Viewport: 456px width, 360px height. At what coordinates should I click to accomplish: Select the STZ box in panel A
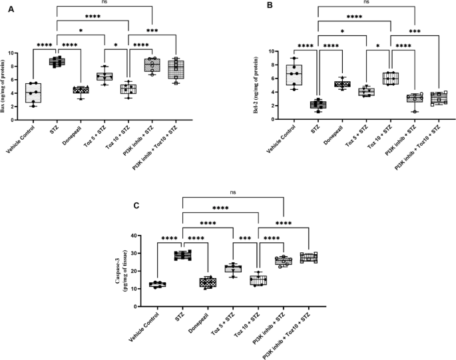click(x=57, y=62)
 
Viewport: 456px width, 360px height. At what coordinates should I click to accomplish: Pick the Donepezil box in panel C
click(x=208, y=282)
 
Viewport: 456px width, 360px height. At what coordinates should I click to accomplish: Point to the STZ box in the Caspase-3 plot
click(x=182, y=256)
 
